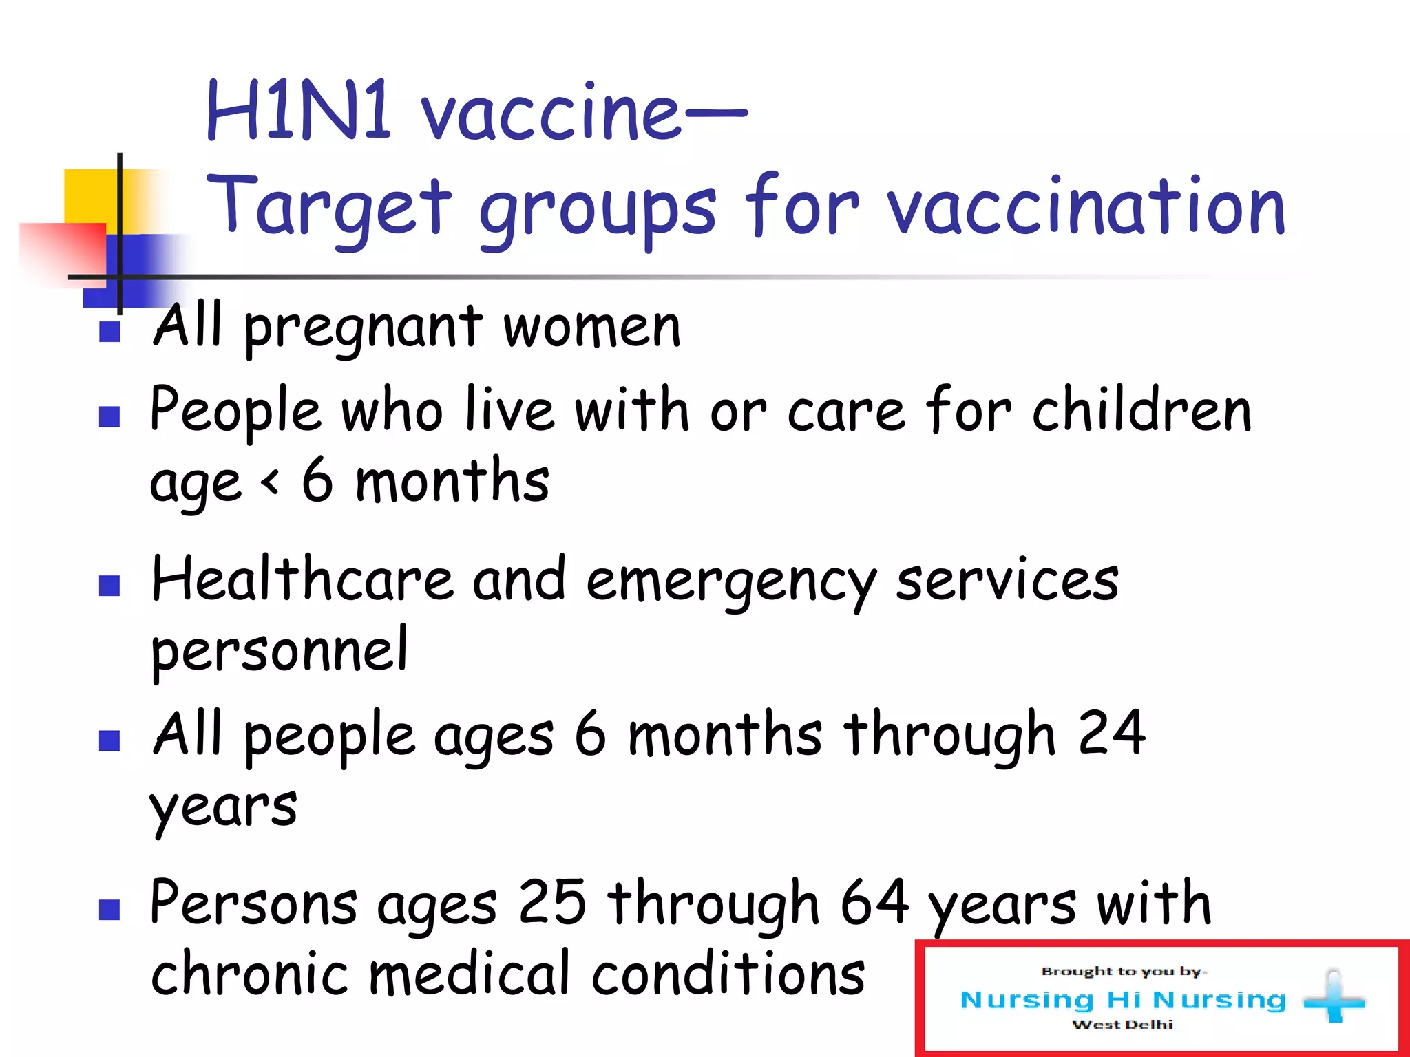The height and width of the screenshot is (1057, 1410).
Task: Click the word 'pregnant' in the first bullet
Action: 364,329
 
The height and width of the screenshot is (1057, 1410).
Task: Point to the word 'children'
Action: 1141,411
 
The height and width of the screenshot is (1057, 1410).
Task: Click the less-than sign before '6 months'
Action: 271,482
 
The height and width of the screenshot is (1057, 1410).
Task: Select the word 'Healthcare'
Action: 302,579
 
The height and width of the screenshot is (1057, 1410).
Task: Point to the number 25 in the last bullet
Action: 551,902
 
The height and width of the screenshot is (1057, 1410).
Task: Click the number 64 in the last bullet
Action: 874,902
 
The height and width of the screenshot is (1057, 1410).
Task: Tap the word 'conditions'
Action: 728,973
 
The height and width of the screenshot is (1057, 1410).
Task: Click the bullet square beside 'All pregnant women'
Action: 109,332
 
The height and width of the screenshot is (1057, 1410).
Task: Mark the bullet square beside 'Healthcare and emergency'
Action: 109,586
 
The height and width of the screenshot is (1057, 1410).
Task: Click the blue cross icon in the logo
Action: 1334,997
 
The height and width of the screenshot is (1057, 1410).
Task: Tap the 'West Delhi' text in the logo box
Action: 1122,1025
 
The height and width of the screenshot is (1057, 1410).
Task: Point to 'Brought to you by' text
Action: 1122,972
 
